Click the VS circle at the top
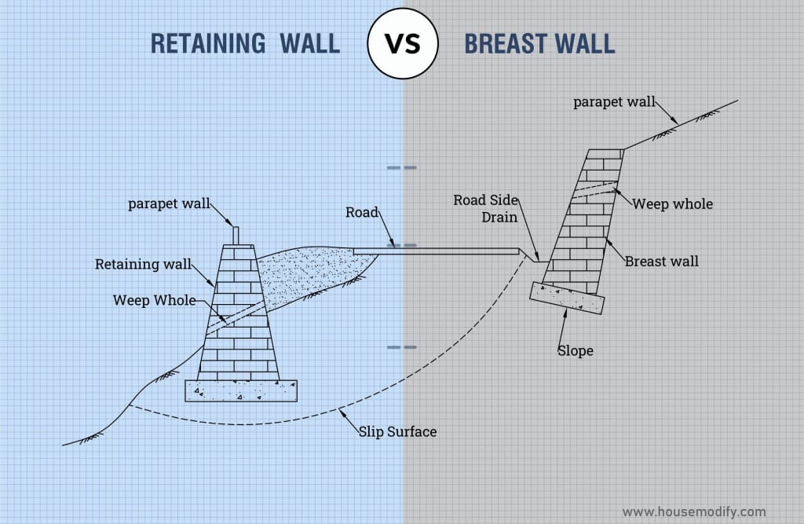coord(402,42)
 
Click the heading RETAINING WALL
coord(245,43)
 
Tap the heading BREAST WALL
coord(539,43)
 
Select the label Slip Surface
coord(397,431)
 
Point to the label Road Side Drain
coord(486,207)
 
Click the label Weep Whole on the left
coord(154,300)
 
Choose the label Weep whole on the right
coord(673,204)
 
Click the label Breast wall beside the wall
coord(661,261)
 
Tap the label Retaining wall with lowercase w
coord(143,264)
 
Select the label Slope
coord(576,350)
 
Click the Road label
coord(362,212)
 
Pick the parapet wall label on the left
coord(169,204)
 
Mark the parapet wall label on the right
coord(613,101)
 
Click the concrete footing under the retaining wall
coord(240,390)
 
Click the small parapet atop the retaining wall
coord(235,236)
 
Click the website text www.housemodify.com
coord(694,511)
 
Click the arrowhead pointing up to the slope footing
coord(564,313)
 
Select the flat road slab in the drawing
coord(436,251)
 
